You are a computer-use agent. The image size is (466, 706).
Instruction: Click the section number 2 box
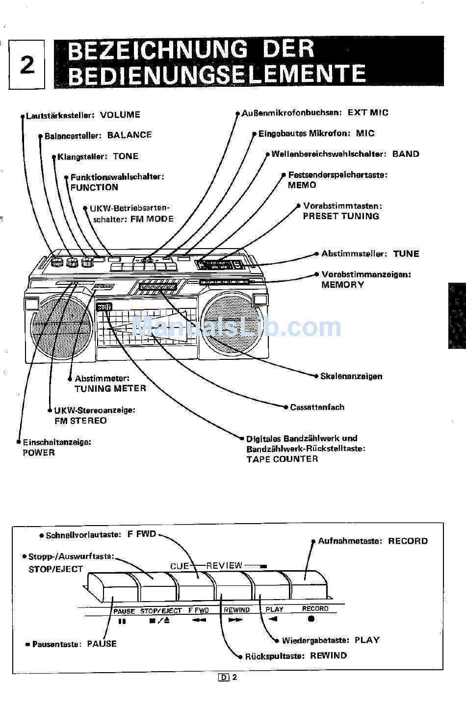[x=27, y=64]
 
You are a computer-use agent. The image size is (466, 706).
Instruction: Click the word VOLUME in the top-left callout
[x=120, y=115]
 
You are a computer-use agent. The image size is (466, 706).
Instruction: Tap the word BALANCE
[x=129, y=135]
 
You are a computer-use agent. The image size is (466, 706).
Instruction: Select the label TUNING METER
[x=110, y=388]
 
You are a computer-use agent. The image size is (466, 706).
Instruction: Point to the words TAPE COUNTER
[x=282, y=459]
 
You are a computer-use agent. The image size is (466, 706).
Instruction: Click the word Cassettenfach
[x=317, y=407]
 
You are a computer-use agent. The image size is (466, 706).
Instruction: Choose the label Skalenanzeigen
[x=351, y=376]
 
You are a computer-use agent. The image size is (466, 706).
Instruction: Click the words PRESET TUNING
[x=341, y=216]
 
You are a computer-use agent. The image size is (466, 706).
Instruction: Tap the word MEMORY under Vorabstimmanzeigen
[x=342, y=284]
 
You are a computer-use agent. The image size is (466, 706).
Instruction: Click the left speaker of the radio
[x=61, y=326]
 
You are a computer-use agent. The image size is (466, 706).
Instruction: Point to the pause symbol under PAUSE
[x=122, y=621]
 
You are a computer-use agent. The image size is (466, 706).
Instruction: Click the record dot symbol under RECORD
[x=311, y=619]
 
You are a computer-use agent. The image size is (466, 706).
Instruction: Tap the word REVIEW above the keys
[x=224, y=565]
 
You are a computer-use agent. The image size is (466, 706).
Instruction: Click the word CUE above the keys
[x=180, y=566]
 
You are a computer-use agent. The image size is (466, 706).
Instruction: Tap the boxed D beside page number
[x=224, y=678]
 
